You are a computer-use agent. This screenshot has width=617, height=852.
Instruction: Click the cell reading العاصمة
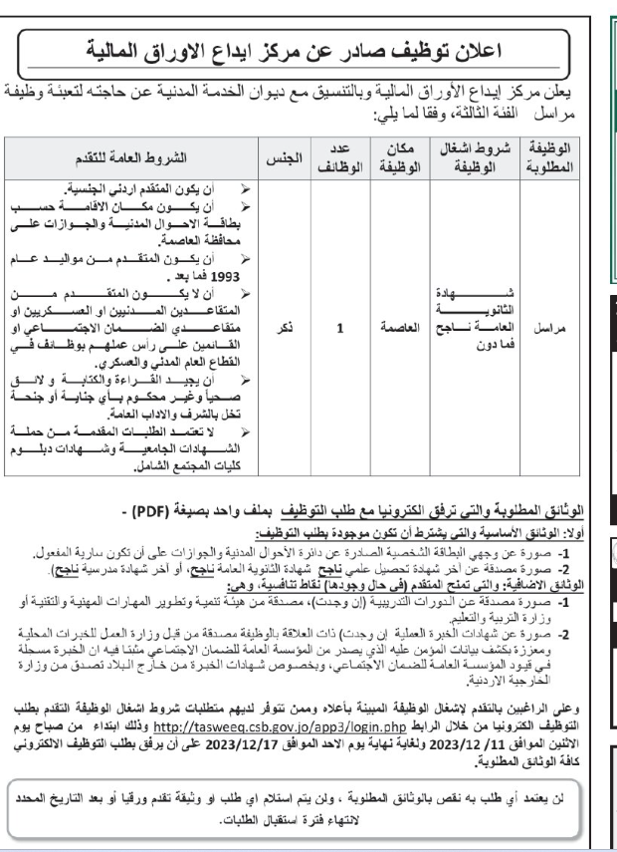[394, 326]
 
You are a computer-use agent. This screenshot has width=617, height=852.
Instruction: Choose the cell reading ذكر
[283, 326]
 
